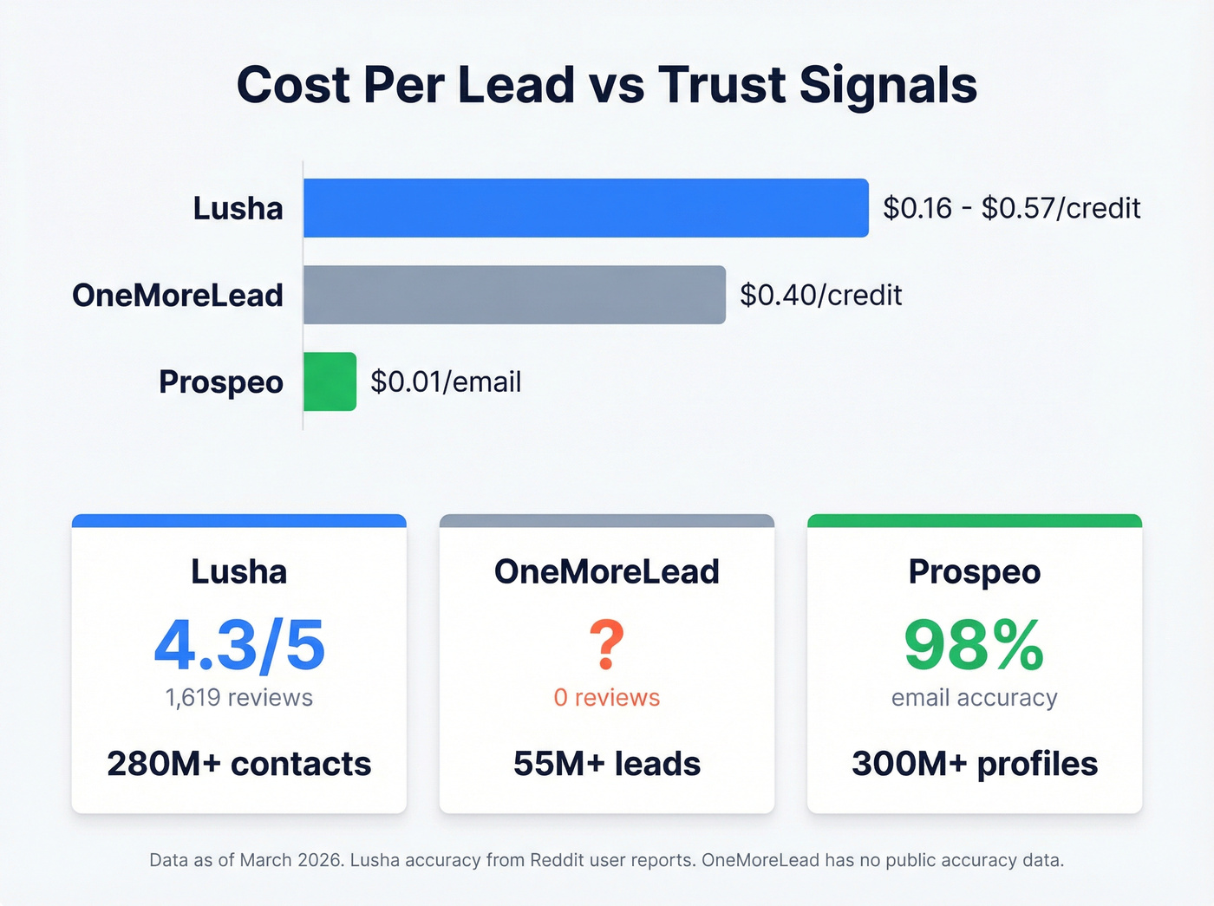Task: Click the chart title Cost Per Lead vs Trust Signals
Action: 607,85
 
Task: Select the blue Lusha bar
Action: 585,208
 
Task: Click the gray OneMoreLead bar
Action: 514,295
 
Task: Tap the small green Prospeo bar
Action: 330,381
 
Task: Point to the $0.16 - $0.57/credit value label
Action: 1011,208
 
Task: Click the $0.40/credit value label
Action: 820,295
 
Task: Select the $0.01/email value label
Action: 446,381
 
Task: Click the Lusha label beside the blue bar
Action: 238,208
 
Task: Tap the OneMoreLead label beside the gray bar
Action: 178,295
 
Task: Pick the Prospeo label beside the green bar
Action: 220,381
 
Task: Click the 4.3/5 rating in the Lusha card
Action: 239,646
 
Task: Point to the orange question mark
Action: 606,644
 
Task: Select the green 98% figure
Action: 974,646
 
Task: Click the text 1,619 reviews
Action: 239,698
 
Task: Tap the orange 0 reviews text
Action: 606,698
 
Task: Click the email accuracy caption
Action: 974,698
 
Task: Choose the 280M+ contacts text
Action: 239,764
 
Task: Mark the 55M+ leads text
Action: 606,764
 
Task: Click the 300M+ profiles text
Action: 974,764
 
